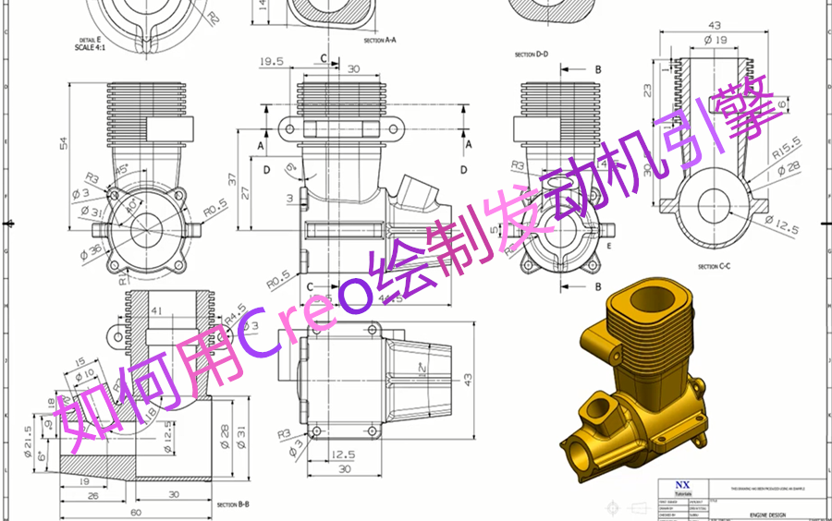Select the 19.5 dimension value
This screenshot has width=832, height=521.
click(271, 62)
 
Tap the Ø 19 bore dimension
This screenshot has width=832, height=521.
click(715, 40)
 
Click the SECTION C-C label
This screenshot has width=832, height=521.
click(714, 266)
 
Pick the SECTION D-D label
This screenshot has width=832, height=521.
click(532, 55)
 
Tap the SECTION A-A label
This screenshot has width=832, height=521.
click(379, 41)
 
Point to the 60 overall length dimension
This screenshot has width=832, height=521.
click(136, 511)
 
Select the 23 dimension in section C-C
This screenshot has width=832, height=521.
click(646, 91)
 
